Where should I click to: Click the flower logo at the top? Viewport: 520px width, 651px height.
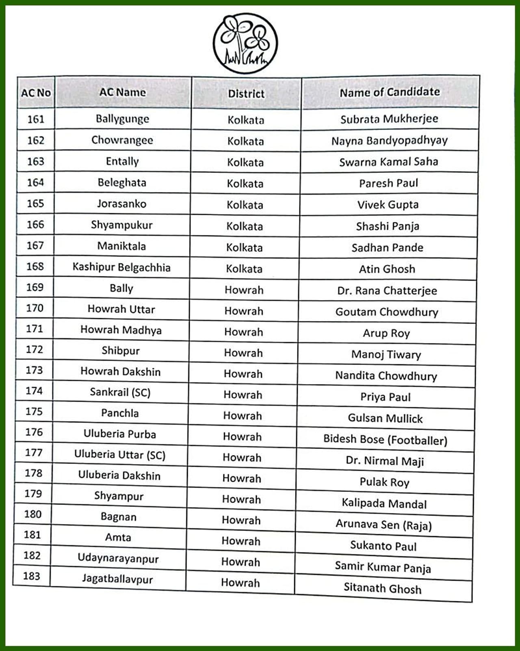click(x=245, y=43)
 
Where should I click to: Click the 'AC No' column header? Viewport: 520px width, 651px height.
click(x=36, y=93)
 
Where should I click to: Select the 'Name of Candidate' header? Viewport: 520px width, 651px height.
click(x=390, y=92)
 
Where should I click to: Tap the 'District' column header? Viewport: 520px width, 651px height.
click(x=246, y=94)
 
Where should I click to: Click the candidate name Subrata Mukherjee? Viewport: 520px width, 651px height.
click(x=389, y=119)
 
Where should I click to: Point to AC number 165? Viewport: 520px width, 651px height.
click(x=35, y=203)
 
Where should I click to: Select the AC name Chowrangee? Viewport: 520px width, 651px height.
click(x=122, y=140)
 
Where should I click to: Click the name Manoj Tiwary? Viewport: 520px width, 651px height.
click(x=386, y=354)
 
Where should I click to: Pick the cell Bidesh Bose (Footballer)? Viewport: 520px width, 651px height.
click(x=385, y=439)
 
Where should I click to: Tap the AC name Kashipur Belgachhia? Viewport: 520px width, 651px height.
click(x=121, y=267)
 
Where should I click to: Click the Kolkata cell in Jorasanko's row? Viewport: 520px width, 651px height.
click(x=245, y=205)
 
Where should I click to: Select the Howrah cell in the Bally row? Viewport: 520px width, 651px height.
click(x=244, y=290)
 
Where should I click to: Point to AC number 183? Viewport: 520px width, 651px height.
click(x=32, y=576)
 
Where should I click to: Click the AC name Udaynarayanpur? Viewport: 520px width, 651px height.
click(x=118, y=558)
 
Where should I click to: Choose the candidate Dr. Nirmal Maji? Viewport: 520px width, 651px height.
click(x=385, y=461)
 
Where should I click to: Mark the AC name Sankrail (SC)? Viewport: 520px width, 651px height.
click(x=120, y=392)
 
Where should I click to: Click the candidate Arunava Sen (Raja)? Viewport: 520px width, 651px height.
click(x=383, y=524)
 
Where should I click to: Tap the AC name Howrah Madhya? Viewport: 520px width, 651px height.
click(x=121, y=330)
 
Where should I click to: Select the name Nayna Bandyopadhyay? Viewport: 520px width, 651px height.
click(x=389, y=140)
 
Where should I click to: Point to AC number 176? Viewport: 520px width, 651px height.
click(x=34, y=432)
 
